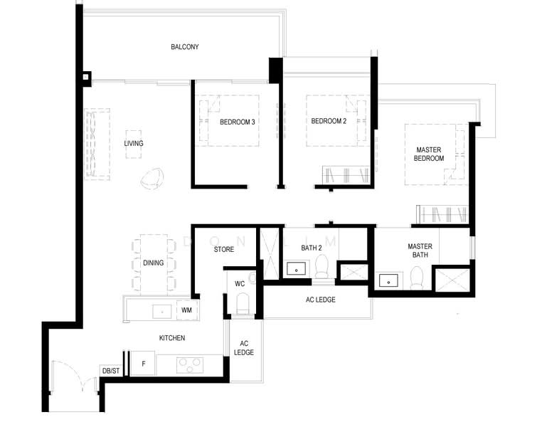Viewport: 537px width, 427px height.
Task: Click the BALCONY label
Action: click(185, 47)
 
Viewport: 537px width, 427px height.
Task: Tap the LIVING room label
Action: click(134, 144)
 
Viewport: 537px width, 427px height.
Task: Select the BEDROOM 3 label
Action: click(237, 122)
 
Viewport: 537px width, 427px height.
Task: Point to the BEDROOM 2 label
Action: click(329, 121)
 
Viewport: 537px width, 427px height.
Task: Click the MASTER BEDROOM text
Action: click(429, 154)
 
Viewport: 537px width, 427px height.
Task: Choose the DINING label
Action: click(153, 263)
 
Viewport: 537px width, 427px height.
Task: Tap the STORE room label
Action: click(224, 250)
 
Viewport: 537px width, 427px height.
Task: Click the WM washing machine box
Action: click(186, 310)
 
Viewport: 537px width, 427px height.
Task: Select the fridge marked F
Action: click(144, 364)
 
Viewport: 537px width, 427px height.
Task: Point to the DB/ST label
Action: click(111, 371)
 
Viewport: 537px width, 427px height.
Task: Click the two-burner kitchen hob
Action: click(190, 364)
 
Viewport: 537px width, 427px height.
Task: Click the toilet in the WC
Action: click(241, 304)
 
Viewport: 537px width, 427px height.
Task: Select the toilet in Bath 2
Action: click(321, 268)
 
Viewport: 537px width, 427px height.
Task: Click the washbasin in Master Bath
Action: click(388, 280)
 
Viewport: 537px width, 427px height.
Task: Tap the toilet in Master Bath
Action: click(417, 276)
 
